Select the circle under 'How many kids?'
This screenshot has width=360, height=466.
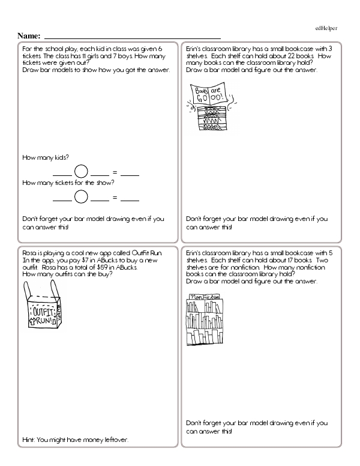pyautogui.click(x=82, y=172)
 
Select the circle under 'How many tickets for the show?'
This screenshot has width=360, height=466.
pyautogui.click(x=82, y=196)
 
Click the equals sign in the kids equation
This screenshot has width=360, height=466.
pyautogui.click(x=115, y=172)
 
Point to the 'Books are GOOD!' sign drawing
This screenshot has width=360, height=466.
pyautogui.click(x=209, y=94)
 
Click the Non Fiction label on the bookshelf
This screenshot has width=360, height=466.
pyautogui.click(x=203, y=297)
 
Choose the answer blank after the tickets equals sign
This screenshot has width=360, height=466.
pyautogui.click(x=130, y=199)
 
